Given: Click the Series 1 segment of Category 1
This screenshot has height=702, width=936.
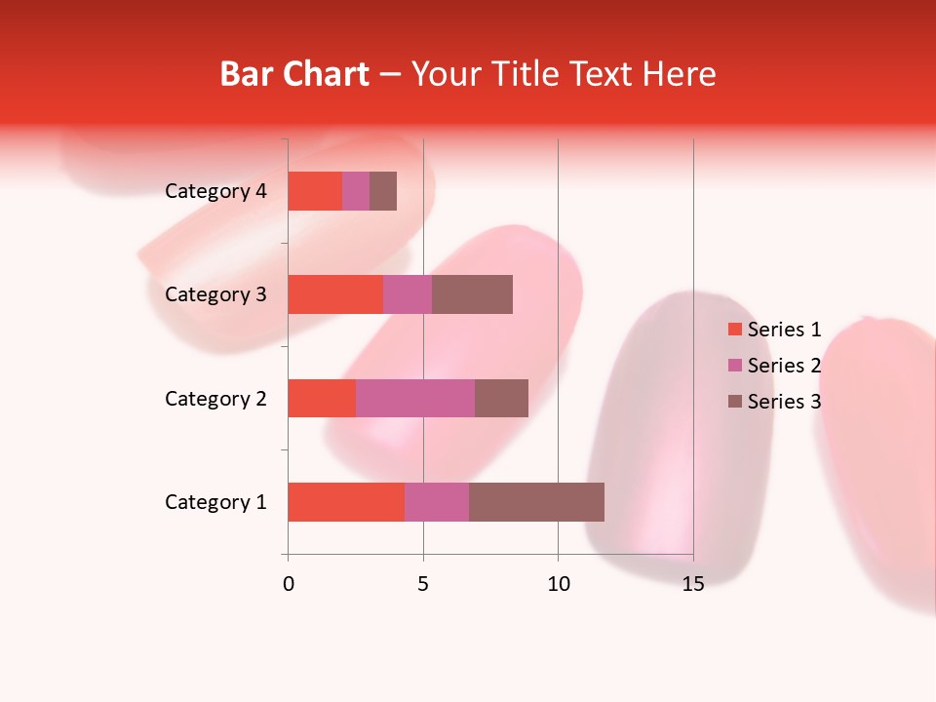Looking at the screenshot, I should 346,502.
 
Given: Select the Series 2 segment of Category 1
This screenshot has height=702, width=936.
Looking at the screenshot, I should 437,502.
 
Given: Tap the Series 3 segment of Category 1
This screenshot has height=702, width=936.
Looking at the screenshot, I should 536,502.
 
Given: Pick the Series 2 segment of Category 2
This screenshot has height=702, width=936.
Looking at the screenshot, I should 415,398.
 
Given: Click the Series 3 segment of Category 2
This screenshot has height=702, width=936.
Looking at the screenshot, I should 501,398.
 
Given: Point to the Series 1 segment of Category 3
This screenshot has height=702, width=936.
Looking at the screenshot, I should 335,294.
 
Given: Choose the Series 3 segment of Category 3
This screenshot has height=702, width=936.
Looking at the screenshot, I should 472,294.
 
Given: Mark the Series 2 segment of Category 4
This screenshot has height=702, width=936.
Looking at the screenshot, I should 356,191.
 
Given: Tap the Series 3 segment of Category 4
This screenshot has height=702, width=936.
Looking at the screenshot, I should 383,191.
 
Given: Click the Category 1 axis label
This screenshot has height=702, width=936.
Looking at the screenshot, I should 215,502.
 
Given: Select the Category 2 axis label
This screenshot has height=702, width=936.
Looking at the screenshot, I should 215,398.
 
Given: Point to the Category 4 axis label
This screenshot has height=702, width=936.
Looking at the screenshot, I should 215,191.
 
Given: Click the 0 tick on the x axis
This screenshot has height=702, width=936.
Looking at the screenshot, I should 288,584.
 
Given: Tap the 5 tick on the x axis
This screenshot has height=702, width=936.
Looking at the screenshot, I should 423,584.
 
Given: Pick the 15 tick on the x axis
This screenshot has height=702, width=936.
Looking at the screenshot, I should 693,584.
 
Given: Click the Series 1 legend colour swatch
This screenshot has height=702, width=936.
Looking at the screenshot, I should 734,330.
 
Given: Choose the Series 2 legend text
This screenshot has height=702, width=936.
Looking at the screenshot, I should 784,366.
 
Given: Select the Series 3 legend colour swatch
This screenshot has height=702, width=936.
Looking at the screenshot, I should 734,402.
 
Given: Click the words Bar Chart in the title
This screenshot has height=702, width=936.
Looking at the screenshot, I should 294,74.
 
